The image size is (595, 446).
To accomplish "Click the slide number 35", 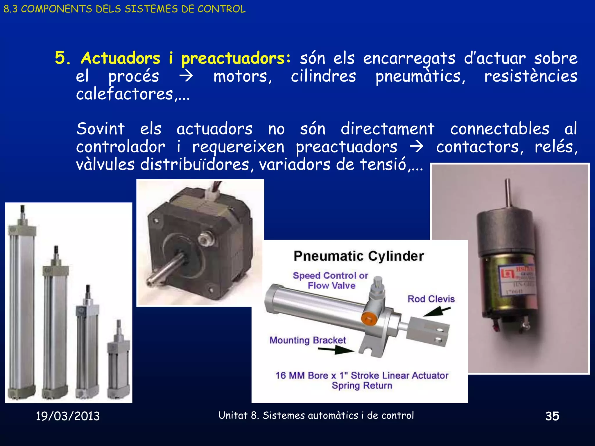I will click(552, 416).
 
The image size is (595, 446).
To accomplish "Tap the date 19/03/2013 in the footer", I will click(68, 416).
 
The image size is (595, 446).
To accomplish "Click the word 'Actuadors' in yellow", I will click(121, 58).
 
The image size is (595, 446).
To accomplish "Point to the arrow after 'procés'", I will click(186, 76).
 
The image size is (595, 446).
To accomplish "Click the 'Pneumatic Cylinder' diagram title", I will click(359, 256).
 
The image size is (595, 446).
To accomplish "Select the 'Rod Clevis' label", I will click(431, 299).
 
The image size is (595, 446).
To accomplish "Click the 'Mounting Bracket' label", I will click(307, 340).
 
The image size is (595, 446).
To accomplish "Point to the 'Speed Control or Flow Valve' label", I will click(331, 280).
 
